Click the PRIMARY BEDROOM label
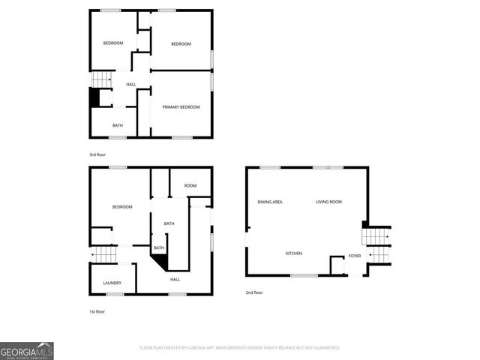point(181,107)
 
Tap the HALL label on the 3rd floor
point(130,84)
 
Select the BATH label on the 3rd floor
point(118,125)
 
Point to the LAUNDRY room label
point(112,283)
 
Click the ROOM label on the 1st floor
point(190,186)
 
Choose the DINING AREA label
point(270,202)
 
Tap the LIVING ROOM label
point(328,202)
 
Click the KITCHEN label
point(294,253)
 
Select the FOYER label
point(355,256)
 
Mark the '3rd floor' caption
point(97,154)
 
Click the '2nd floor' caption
point(254,292)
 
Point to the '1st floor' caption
point(97,311)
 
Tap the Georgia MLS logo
point(27,350)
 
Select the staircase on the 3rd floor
point(100,79)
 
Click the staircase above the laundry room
point(104,256)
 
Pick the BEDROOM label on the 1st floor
point(122,207)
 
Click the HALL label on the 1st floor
point(175,280)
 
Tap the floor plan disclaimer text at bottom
point(240,348)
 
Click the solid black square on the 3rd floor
point(94,97)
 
